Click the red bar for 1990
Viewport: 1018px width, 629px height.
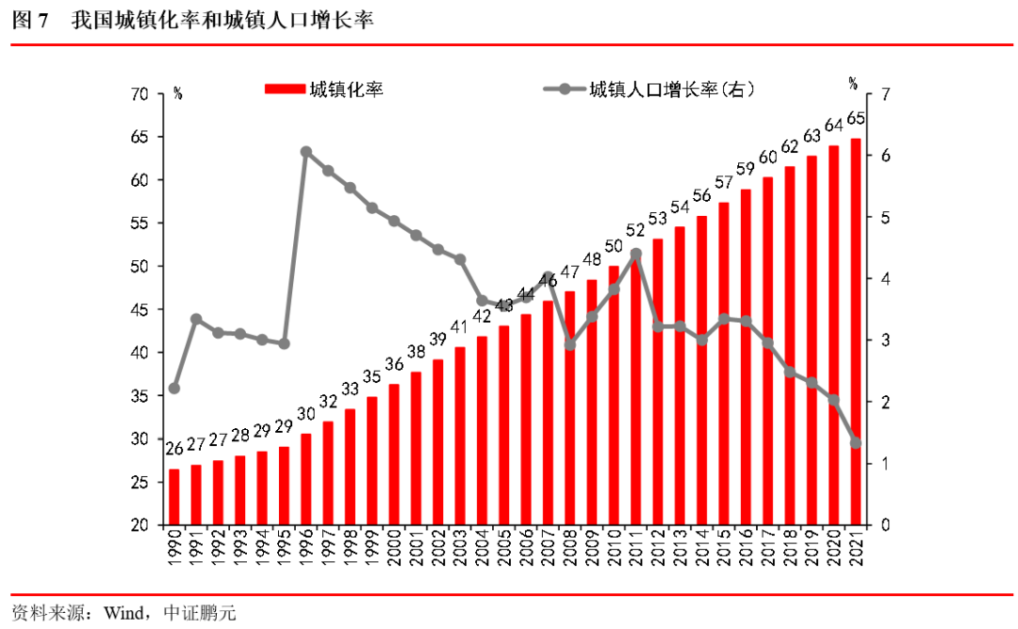173,497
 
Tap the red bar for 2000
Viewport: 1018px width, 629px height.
394,455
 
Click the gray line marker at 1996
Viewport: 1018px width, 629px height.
306,152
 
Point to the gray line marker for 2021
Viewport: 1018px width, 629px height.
856,442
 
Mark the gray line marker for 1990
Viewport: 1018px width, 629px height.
173,388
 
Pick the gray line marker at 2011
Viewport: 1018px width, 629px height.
635,254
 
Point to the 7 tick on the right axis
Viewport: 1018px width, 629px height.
884,94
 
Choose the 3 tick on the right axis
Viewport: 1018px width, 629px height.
884,340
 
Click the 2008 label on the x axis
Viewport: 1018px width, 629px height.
569,548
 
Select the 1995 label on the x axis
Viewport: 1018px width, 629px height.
284,548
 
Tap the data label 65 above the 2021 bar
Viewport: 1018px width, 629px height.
856,119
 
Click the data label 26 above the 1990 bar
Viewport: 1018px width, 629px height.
173,449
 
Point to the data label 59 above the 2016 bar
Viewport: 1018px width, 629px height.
746,170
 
